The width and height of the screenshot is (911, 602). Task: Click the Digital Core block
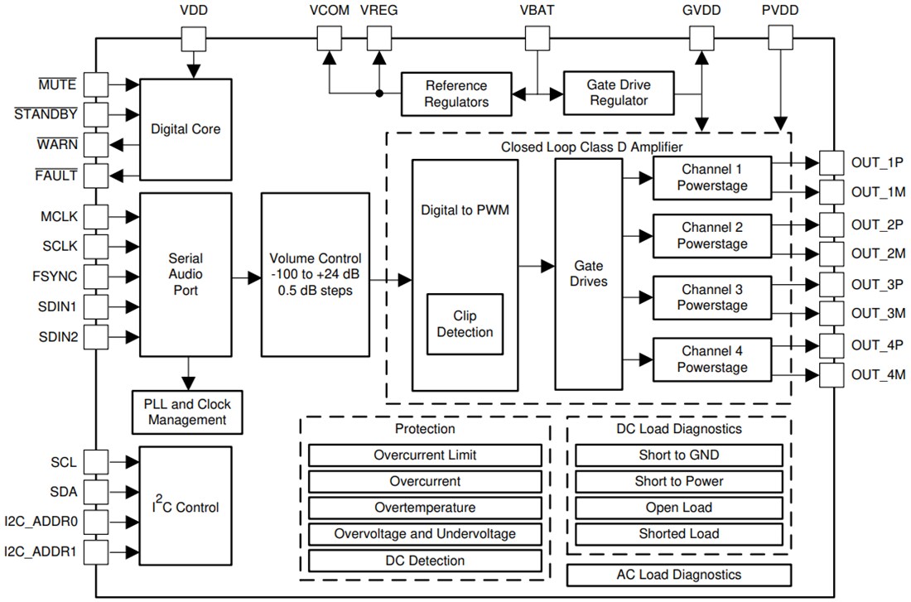tap(186, 128)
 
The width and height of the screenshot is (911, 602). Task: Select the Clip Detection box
tap(465, 324)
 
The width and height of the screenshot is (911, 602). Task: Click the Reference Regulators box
tap(456, 94)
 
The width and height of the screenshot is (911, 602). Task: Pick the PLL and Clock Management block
tap(188, 412)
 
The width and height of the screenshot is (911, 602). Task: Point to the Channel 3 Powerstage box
tap(711, 297)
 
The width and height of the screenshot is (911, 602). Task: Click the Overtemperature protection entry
tap(424, 507)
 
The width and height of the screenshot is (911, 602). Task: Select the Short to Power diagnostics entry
tap(678, 481)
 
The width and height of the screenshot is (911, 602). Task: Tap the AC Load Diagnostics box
tap(678, 575)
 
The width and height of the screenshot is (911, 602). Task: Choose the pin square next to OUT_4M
tap(831, 375)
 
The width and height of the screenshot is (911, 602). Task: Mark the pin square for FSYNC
tap(97, 276)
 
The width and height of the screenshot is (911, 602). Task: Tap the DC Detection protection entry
tap(424, 561)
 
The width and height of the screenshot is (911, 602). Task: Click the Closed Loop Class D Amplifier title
tap(591, 147)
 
